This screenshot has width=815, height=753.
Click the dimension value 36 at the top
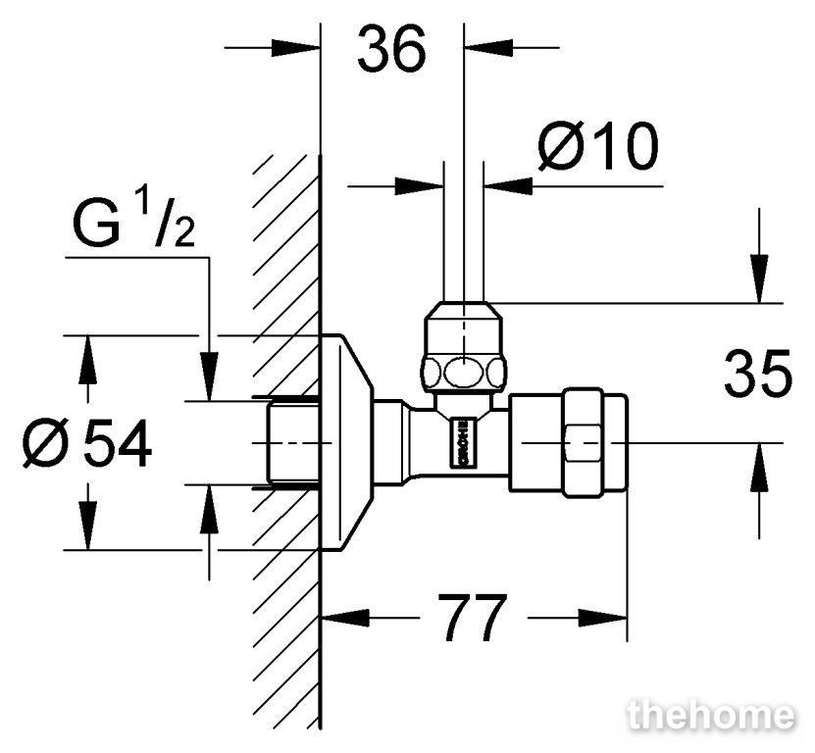pos(392,49)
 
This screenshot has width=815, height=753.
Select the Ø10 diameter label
pos(597,146)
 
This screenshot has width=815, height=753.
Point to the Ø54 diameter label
pos(87,443)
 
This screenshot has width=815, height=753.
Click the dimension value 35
pos(758,374)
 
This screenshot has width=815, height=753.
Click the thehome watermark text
pos(711,715)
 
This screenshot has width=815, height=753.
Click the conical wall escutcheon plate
pos(347,442)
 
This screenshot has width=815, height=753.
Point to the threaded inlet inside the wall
pos(292,443)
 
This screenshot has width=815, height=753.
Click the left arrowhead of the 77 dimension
pos(345,618)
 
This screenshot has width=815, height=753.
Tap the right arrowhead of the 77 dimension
pos(603,618)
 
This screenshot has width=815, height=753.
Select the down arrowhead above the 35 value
pos(759,278)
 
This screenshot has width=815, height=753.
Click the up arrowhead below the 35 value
pos(759,467)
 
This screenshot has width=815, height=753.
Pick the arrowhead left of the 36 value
pos(295,48)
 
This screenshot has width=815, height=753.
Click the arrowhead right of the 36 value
pos(488,48)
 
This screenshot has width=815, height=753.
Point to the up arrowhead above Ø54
pos(88,360)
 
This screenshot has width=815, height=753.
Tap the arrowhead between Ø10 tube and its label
pos(508,185)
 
